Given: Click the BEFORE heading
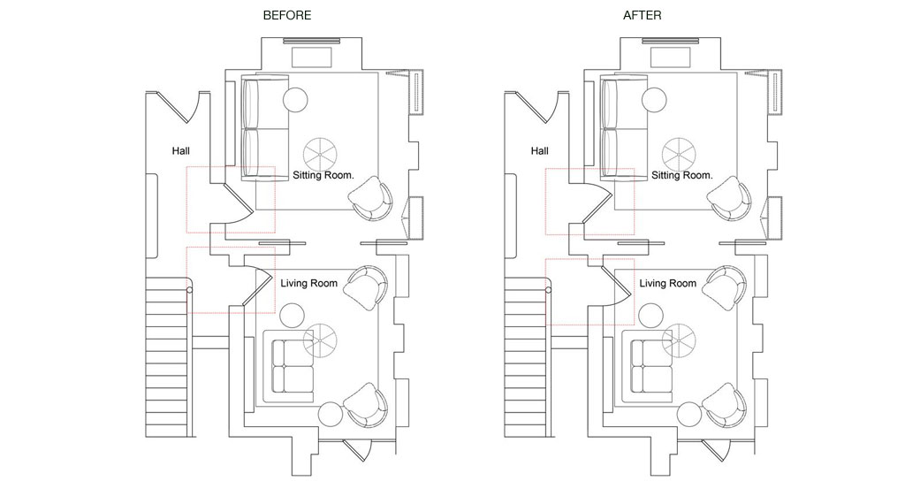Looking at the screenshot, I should (287, 15).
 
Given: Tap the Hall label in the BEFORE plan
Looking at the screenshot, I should (181, 151).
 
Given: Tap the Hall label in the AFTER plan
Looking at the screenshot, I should (540, 151).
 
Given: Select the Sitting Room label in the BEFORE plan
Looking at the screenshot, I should (323, 175).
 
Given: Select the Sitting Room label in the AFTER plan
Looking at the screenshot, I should (682, 175).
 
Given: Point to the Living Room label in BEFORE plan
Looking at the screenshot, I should (309, 284).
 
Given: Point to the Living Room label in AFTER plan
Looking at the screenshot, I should (668, 284).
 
